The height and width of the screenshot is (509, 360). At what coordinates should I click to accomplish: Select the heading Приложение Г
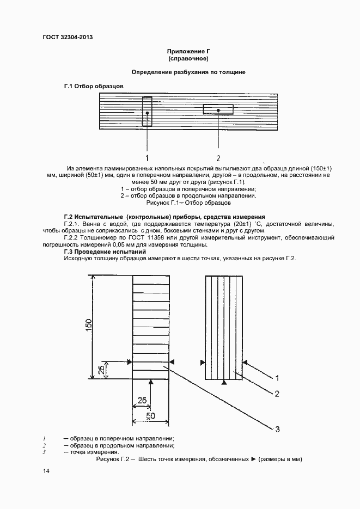[188, 51]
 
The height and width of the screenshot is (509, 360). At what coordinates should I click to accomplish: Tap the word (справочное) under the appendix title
[188, 58]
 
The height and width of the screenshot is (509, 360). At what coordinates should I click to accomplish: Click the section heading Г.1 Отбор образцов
[94, 87]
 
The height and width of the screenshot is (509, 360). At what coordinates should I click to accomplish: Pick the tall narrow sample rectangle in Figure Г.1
[147, 112]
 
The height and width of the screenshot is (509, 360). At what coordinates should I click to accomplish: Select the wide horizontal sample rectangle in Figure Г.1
[218, 109]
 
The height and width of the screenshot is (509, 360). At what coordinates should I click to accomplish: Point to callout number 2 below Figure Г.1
[218, 158]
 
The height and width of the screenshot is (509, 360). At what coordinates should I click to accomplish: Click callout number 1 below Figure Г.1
[147, 158]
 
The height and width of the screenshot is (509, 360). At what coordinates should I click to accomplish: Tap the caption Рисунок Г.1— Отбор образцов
[188, 203]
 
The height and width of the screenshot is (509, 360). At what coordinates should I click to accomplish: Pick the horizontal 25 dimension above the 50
[142, 400]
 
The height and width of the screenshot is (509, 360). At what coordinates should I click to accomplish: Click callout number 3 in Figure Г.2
[277, 430]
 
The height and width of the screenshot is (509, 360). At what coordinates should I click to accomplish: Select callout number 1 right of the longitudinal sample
[277, 378]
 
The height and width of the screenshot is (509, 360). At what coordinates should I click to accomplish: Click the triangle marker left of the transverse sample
[129, 361]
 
